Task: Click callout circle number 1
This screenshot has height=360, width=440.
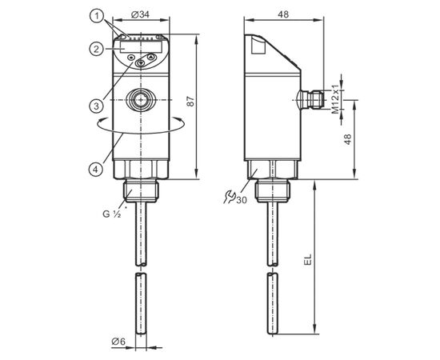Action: (x=97, y=16)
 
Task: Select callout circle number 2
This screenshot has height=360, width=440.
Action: (x=97, y=50)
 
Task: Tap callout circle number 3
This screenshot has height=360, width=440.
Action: (x=97, y=106)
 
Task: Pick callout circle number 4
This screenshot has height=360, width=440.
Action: (x=96, y=170)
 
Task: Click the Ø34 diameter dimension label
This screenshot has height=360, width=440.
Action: (x=140, y=14)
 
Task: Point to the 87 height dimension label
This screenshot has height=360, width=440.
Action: (x=191, y=101)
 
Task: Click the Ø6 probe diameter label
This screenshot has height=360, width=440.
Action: (x=118, y=342)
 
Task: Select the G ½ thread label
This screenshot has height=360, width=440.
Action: (x=112, y=214)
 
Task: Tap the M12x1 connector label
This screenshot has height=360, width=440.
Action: (x=336, y=98)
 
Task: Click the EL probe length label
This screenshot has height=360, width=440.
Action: (x=308, y=259)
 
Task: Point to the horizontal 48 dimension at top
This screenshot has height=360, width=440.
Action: (x=283, y=14)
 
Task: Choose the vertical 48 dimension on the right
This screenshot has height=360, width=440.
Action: (x=348, y=139)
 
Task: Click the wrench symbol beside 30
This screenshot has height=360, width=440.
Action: (x=230, y=197)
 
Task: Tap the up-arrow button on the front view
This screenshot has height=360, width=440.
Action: (x=151, y=58)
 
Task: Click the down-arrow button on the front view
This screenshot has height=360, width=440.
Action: (x=140, y=63)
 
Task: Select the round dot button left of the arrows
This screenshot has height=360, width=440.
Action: (x=130, y=58)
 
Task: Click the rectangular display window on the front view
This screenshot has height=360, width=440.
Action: (x=142, y=46)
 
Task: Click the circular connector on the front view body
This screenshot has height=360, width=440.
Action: (x=141, y=100)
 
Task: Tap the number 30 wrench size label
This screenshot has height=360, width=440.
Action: (x=242, y=200)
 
